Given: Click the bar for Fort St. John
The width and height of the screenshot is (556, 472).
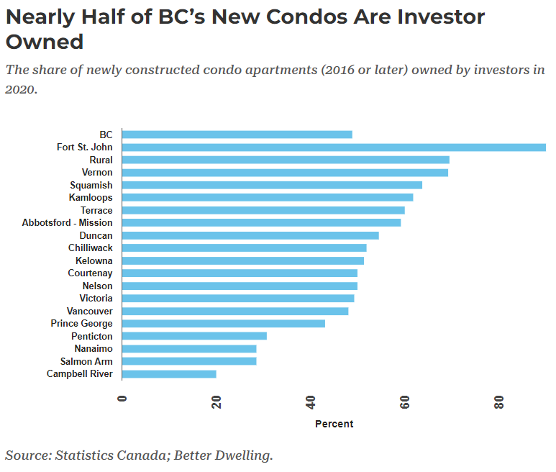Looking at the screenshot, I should click(334, 147).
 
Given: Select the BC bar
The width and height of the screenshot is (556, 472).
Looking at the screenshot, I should click(237, 135).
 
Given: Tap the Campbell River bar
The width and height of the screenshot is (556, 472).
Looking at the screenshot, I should click(169, 374).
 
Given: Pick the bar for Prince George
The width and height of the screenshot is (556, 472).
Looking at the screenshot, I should click(224, 324).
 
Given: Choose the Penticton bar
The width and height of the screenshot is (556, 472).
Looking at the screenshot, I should click(194, 336).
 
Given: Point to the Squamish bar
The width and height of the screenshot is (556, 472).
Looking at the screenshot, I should click(272, 185).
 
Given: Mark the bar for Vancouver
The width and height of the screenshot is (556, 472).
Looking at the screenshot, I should click(235, 311).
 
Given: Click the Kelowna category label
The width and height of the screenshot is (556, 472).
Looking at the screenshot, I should click(94, 260).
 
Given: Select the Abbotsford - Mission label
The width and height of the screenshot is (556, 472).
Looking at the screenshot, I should click(67, 223).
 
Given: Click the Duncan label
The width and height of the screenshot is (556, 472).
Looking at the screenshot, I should click(96, 235).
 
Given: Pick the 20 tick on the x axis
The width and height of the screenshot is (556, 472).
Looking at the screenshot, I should click(217, 404).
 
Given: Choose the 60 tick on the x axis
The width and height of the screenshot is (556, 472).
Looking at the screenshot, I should click(405, 404).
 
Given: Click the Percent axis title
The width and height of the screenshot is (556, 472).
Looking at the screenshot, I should click(334, 424).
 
